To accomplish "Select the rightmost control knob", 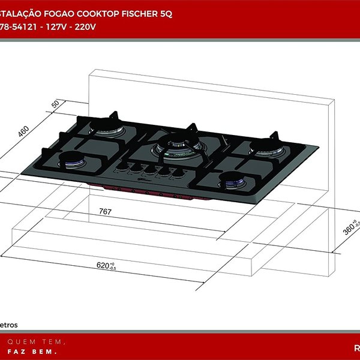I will [178, 174].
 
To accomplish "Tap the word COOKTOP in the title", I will [95, 14].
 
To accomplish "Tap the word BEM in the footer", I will [53, 350].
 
